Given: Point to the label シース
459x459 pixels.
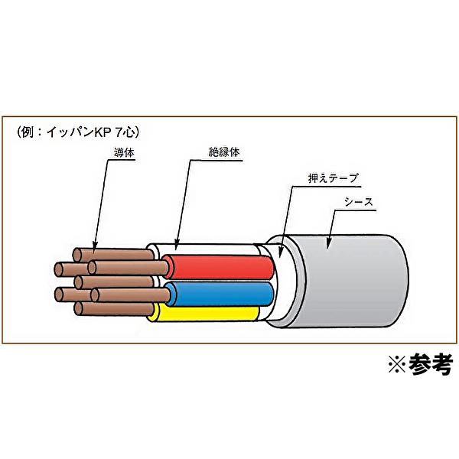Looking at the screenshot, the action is (x=357, y=203).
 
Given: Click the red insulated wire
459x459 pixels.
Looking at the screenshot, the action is (x=222, y=266).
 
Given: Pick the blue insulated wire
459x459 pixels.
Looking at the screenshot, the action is (x=222, y=291).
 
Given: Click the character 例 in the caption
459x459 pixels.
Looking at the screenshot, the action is (x=26, y=130).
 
